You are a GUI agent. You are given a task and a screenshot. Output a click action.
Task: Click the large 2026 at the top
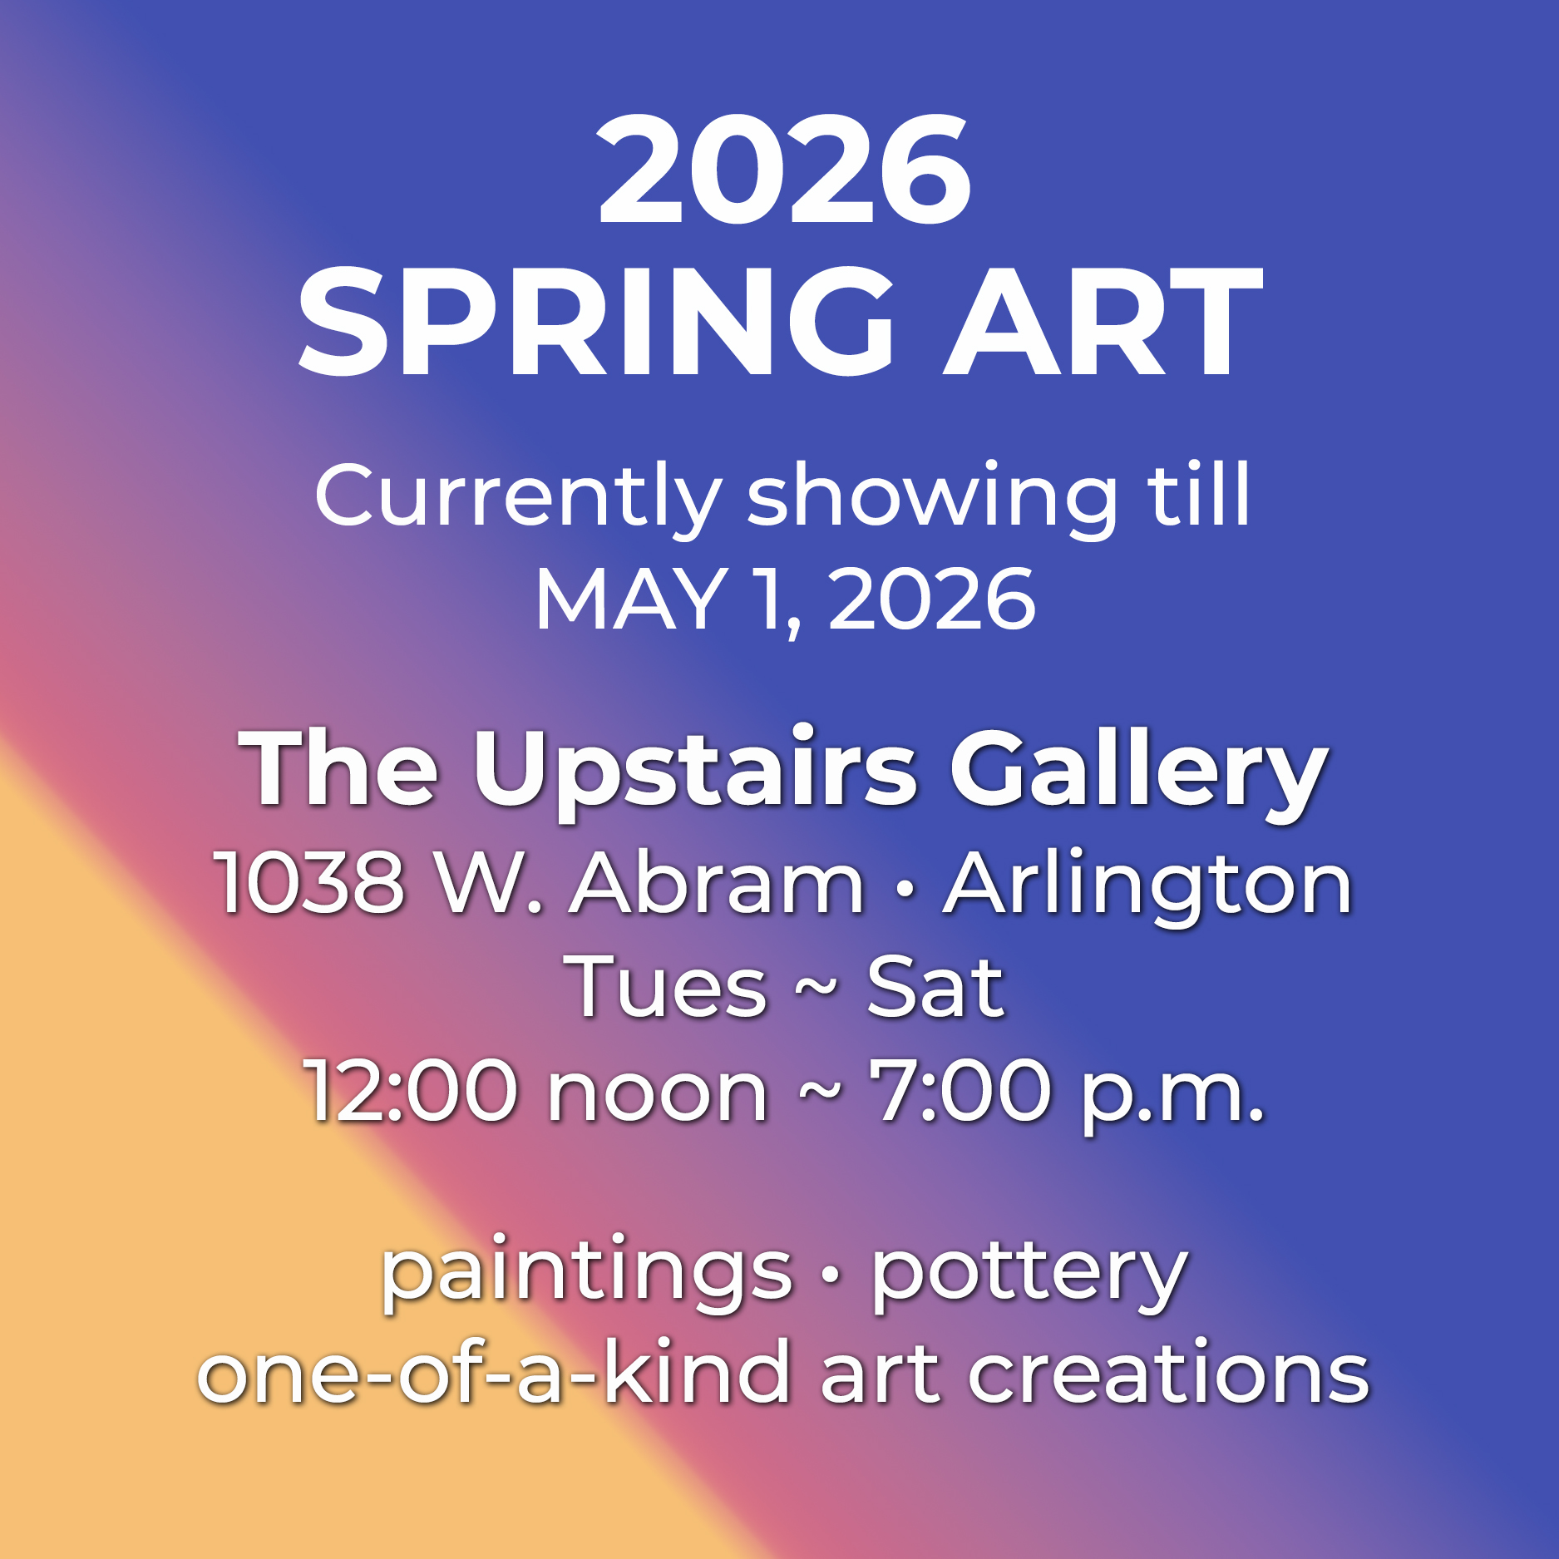[784, 170]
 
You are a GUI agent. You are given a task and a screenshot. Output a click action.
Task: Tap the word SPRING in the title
[595, 322]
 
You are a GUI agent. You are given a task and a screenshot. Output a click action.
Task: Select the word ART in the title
[1103, 322]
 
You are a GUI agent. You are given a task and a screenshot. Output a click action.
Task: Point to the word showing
[932, 498]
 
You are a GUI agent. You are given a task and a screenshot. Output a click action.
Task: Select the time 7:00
[960, 1090]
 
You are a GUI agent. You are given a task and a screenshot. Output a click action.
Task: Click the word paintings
[586, 1275]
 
